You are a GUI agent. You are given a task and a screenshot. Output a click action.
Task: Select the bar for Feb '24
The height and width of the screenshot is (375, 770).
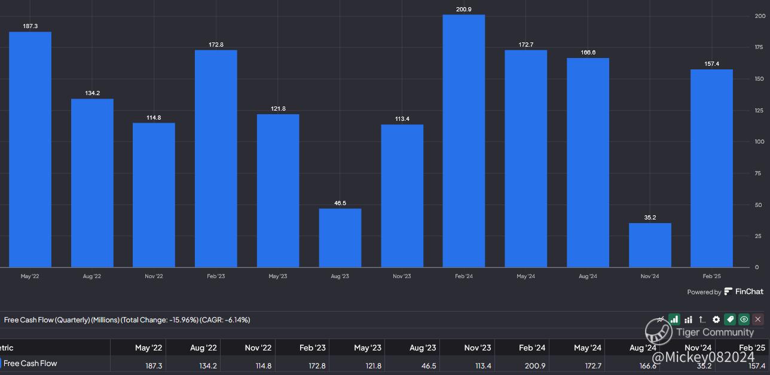464,141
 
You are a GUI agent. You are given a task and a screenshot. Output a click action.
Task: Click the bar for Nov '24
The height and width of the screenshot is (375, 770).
650,245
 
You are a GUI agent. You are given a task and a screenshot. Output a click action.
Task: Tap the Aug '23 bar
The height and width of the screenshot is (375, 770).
340,237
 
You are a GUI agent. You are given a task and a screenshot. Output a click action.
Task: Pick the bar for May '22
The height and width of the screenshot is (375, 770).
30,150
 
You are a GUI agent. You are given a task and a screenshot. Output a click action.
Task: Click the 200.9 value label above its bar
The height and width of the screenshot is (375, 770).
464,10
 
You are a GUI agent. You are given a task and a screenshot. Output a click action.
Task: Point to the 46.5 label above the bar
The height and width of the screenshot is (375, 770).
340,203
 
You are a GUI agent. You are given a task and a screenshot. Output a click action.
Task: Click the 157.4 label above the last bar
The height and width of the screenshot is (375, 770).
711,64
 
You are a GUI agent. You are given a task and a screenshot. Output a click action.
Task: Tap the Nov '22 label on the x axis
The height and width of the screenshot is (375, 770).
154,276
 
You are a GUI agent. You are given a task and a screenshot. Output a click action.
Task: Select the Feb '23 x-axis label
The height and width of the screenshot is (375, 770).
216,276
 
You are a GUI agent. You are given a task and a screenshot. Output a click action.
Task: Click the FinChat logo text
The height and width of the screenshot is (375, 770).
749,292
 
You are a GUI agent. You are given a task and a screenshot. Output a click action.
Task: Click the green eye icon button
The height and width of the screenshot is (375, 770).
744,320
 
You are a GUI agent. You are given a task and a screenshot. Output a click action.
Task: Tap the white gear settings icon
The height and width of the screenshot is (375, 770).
716,320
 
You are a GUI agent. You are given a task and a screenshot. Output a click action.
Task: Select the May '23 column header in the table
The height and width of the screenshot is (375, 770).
367,347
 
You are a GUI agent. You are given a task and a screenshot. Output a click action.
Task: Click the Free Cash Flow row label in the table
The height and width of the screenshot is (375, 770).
30,363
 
